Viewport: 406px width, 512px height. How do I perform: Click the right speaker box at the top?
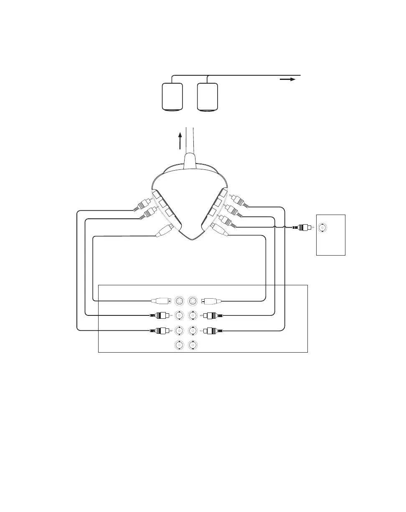click(x=208, y=97)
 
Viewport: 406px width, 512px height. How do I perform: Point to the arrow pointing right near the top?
click(x=288, y=79)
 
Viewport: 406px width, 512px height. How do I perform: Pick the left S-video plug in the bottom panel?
click(x=161, y=300)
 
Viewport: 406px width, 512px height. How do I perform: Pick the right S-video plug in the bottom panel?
click(x=211, y=300)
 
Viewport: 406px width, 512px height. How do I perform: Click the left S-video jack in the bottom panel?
click(x=179, y=300)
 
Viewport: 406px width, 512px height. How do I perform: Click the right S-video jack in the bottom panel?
click(x=193, y=300)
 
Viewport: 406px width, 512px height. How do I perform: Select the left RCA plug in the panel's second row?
click(x=159, y=315)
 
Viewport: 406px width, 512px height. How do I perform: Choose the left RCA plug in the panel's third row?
click(x=159, y=331)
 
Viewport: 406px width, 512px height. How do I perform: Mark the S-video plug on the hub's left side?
click(x=164, y=231)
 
